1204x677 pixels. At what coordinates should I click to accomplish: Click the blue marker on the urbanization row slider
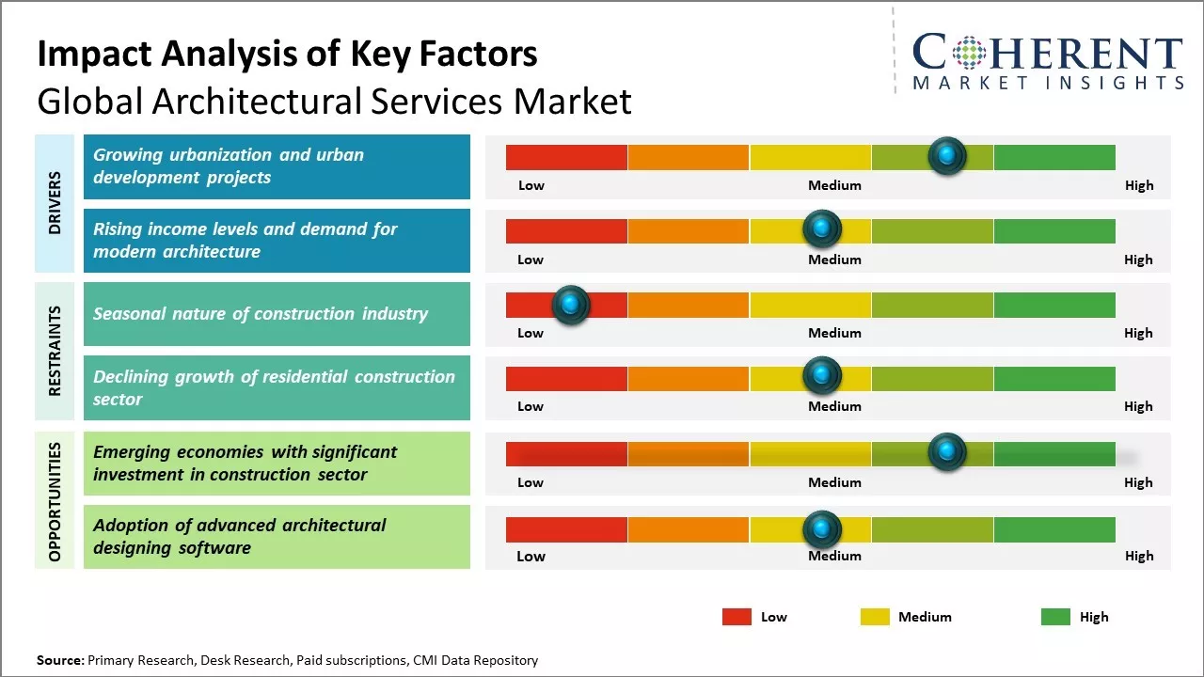coord(947,155)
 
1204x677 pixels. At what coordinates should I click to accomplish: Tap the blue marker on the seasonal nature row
coord(570,305)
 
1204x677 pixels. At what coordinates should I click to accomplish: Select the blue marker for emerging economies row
coord(947,452)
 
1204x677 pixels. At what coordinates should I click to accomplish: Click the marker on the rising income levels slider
coord(822,229)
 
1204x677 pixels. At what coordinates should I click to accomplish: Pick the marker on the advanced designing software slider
coord(822,528)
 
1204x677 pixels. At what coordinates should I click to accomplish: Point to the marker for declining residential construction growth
coord(822,376)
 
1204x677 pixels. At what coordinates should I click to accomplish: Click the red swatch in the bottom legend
coord(737,617)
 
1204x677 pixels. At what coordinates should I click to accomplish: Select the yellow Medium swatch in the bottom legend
coord(875,617)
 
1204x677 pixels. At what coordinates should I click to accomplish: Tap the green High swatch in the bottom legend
coord(1055,617)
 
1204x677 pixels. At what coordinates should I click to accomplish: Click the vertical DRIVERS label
coord(54,202)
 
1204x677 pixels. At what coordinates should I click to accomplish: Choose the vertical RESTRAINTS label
coord(54,351)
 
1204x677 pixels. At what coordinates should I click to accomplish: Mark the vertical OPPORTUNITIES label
coord(54,501)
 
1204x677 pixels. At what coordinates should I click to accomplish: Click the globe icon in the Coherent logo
coord(968,52)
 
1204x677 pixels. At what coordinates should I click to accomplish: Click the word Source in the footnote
coord(59,660)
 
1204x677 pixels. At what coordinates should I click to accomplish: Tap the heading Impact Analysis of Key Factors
coord(287,54)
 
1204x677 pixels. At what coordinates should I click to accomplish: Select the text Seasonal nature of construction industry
coord(261,314)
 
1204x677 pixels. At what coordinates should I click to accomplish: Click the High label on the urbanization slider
coord(1138,185)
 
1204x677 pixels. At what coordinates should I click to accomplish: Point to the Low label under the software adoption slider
coord(531,556)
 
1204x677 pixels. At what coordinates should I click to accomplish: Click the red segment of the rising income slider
coord(566,231)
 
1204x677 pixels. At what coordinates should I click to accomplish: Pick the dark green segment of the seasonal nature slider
coord(1053,305)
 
